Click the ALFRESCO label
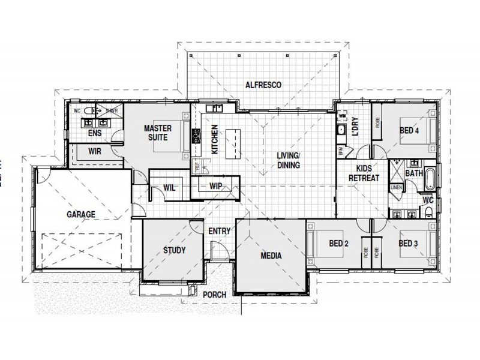[263, 85]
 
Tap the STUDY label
[174, 250]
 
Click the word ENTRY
[219, 230]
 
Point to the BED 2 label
[338, 244]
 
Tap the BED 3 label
[408, 244]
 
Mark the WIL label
[169, 188]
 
